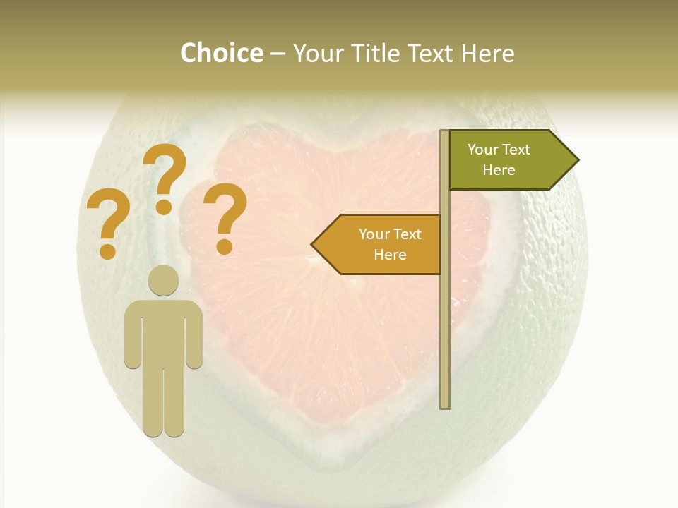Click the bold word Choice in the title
(x=221, y=54)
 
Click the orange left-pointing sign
(x=381, y=244)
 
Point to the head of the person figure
(x=163, y=280)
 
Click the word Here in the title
(x=487, y=54)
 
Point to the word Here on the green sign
(x=499, y=170)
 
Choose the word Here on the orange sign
(x=390, y=255)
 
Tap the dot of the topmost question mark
(x=164, y=207)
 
